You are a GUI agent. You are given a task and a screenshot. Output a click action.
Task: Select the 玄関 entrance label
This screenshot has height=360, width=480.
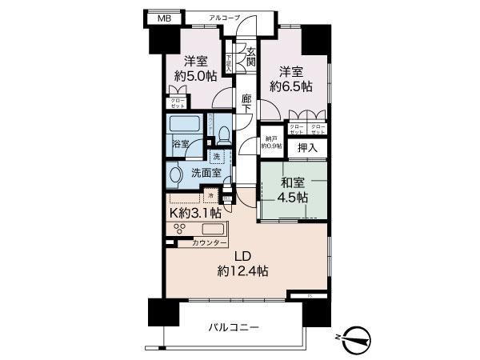250,56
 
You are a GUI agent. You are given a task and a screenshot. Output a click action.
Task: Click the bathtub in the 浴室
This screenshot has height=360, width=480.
186,126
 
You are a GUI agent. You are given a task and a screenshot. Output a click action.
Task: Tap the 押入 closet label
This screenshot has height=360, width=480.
307,148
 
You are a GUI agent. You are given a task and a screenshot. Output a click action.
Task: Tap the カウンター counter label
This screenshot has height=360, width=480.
210,243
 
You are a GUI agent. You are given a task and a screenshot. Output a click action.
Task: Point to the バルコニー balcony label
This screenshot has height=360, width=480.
234,327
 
